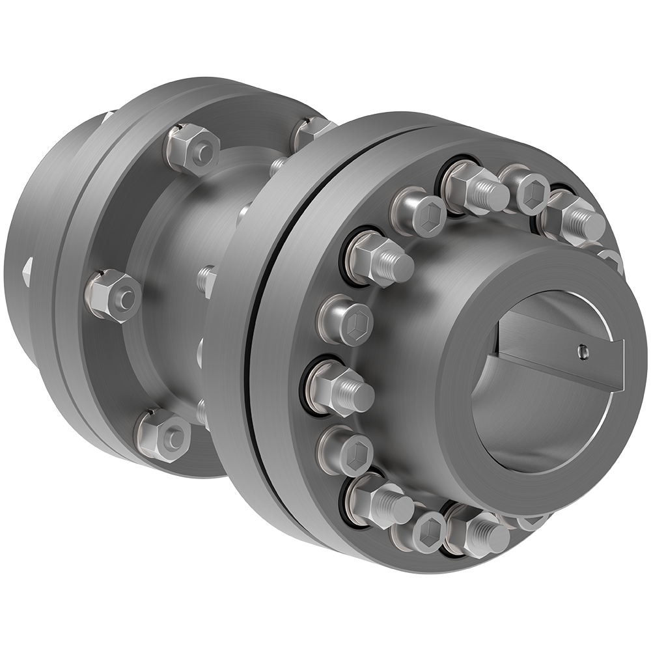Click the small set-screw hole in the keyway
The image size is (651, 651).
coord(581,352)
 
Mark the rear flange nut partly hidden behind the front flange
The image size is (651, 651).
coord(309,130)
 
